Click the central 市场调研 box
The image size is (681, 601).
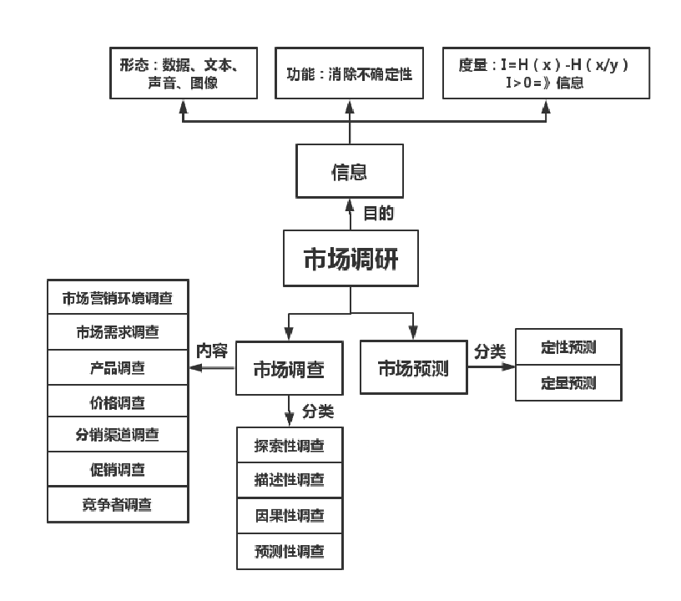click(350, 259)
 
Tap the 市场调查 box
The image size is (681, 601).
click(289, 367)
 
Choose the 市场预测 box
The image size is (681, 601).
click(413, 366)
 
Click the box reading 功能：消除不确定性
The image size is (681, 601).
click(350, 73)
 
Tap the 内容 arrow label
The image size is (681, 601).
click(211, 351)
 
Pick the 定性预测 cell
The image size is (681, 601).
click(568, 347)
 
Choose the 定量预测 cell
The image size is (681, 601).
click(568, 381)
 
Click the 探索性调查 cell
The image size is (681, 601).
click(289, 446)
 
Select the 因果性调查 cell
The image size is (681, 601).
click(289, 515)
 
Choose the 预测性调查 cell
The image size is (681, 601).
click(289, 550)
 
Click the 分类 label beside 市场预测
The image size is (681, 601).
click(490, 351)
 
